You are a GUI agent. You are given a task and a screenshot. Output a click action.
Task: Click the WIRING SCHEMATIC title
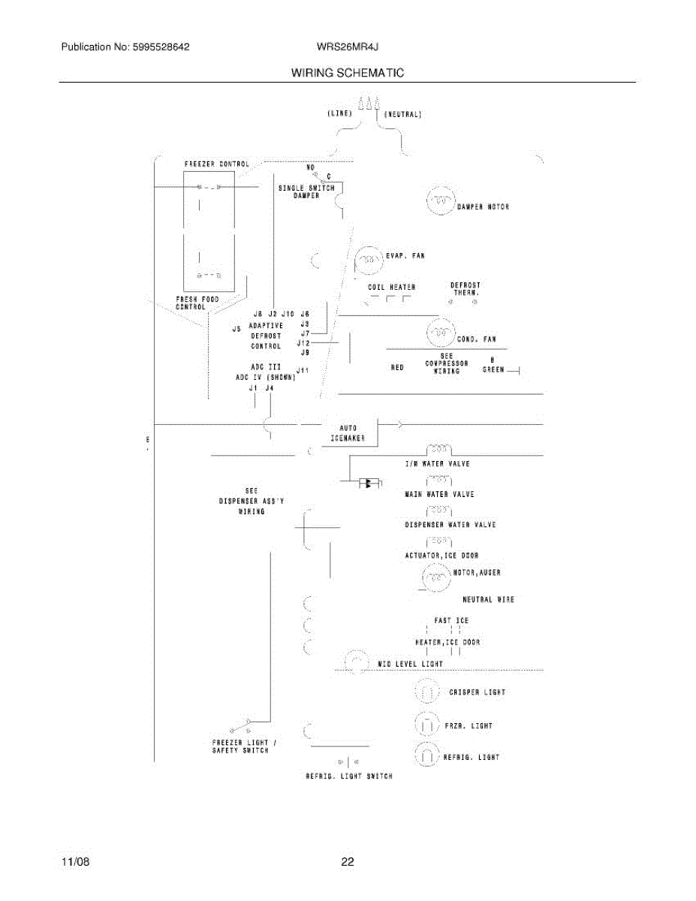(x=348, y=73)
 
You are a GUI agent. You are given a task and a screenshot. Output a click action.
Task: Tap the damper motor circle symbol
(x=440, y=201)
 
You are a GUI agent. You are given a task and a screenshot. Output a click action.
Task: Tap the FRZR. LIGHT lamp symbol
(x=427, y=725)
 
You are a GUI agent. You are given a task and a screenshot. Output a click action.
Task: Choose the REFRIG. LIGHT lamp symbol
(x=427, y=756)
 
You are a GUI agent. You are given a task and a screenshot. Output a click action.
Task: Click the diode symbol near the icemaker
(x=369, y=483)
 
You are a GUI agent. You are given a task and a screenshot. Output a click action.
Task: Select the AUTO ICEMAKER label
(x=348, y=433)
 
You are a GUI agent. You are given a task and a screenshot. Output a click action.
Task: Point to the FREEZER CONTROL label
(x=217, y=164)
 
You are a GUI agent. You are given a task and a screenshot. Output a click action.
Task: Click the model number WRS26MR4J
(x=347, y=47)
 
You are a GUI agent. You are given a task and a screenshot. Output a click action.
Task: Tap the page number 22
(x=347, y=862)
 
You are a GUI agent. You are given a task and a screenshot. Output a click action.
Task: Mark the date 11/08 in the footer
(x=75, y=862)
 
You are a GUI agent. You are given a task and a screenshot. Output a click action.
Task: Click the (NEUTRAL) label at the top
(x=403, y=115)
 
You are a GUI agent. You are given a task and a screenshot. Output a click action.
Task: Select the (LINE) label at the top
(x=340, y=113)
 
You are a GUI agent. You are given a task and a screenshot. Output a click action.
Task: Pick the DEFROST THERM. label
(x=466, y=289)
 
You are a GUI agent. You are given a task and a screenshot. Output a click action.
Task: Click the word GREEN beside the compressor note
(x=493, y=369)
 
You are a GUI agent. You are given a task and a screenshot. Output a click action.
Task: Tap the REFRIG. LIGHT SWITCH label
(x=348, y=776)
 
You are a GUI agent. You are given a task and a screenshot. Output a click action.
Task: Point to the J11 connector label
(x=302, y=369)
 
